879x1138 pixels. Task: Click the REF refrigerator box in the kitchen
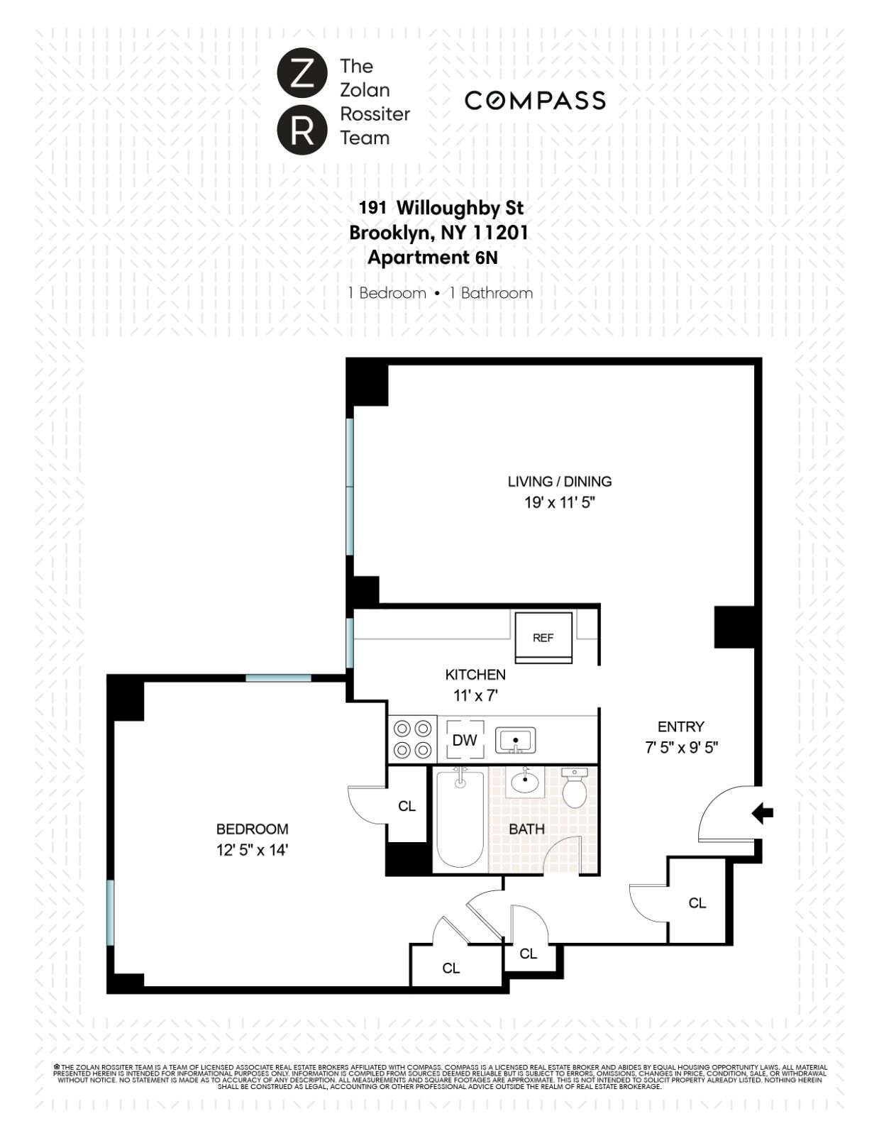point(543,637)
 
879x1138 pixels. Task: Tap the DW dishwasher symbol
point(465,740)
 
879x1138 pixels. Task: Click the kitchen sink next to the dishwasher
point(516,741)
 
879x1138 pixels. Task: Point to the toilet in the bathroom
point(573,788)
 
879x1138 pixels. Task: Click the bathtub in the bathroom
point(460,819)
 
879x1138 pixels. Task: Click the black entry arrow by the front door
point(763,813)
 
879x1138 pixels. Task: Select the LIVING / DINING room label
point(559,481)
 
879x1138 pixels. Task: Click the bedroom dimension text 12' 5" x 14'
point(252,849)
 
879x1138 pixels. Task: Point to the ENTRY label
point(680,727)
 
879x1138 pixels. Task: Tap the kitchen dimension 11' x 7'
point(475,696)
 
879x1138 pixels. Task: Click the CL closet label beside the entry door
point(697,902)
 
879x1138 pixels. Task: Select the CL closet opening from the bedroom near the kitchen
point(407,806)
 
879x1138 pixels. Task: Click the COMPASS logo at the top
point(535,101)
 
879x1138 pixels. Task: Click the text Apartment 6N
point(432,258)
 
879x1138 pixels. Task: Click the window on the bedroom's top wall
point(278,678)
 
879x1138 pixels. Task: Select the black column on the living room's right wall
point(734,626)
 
